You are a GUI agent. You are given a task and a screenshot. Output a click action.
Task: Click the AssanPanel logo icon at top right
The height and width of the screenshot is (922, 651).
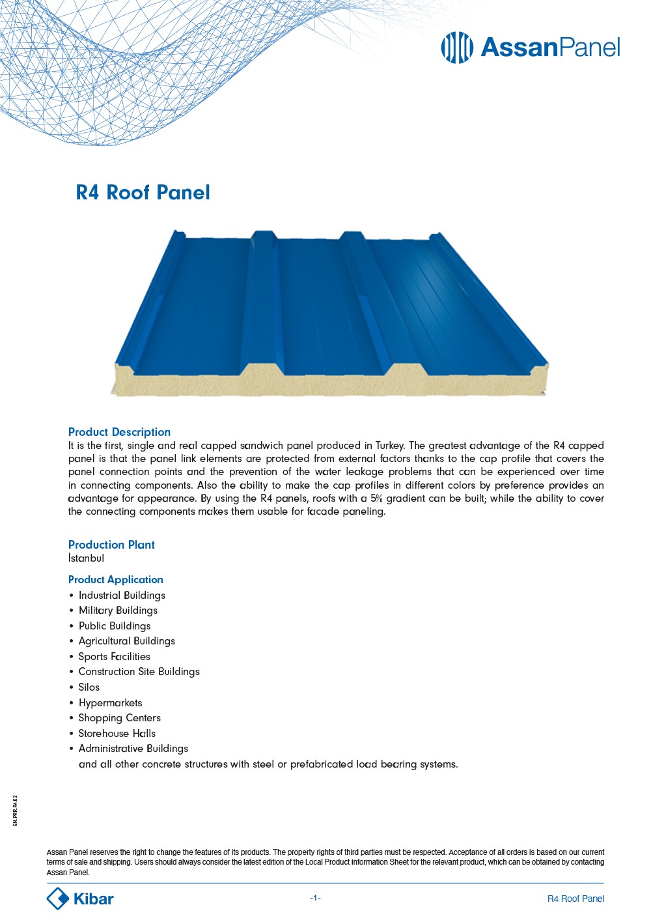pos(456,48)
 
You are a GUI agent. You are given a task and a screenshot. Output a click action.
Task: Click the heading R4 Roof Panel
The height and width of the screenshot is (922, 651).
pos(143,193)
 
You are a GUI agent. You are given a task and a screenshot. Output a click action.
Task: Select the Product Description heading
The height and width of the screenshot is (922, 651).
pos(119,432)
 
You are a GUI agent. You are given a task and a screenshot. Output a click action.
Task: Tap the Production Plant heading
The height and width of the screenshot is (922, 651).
pos(111,545)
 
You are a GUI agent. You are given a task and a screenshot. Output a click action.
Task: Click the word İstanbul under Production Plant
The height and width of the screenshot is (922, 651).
pos(86,558)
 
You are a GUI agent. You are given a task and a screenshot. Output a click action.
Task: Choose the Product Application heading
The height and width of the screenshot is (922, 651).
pos(115,580)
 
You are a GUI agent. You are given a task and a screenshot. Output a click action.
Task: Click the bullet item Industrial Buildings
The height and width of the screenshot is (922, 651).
pos(122,596)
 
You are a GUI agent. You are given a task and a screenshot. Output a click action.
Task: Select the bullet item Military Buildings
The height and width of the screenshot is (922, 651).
pos(118,611)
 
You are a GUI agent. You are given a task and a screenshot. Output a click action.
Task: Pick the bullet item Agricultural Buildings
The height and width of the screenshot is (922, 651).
pos(126,641)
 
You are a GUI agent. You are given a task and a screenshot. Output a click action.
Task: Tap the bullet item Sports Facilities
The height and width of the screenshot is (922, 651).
pos(114,657)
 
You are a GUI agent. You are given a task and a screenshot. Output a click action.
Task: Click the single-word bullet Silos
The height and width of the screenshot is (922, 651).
pos(89,687)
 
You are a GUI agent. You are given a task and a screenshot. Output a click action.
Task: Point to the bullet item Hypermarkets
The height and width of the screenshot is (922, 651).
pos(110,703)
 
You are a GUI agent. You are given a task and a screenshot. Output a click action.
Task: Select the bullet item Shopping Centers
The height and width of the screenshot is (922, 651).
pos(119,718)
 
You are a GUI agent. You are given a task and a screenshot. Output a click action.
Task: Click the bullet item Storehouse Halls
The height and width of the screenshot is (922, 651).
pos(117,734)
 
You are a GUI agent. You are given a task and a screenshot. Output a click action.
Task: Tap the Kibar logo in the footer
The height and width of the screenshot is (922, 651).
pos(80,899)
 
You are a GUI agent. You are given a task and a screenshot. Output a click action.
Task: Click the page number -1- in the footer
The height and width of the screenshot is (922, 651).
pos(315,898)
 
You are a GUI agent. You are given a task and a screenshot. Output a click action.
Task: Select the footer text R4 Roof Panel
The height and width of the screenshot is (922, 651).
pos(575,899)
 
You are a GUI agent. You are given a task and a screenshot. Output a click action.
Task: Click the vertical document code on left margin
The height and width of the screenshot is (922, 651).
pos(15,811)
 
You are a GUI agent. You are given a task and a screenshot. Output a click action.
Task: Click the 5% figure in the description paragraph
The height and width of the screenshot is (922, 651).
pos(376,498)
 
